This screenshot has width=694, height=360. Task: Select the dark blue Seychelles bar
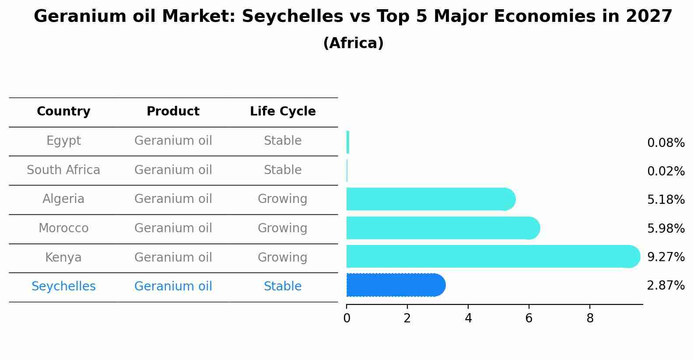tap(395, 285)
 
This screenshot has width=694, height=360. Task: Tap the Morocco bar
tap(442, 228)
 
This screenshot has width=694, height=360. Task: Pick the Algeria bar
tap(430, 199)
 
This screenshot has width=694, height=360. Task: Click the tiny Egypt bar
tap(348, 142)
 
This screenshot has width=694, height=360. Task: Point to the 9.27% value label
tap(666, 257)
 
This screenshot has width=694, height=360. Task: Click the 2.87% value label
tap(666, 286)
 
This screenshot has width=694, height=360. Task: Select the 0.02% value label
tap(666, 171)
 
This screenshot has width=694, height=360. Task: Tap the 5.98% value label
tap(666, 228)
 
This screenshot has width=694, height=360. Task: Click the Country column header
tap(63, 112)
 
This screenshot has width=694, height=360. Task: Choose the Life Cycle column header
tap(283, 112)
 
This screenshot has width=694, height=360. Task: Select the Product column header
tap(173, 112)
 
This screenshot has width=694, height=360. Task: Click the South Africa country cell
tap(63, 170)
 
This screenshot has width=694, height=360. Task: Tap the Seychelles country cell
tap(63, 287)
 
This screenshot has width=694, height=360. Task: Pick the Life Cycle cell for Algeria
tap(283, 199)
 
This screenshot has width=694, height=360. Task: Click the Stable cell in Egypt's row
tap(283, 141)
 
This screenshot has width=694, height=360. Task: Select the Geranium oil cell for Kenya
tap(173, 257)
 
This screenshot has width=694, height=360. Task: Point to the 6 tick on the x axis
tap(529, 318)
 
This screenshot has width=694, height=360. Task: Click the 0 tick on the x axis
tap(347, 318)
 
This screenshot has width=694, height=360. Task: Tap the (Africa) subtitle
tap(353, 43)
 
